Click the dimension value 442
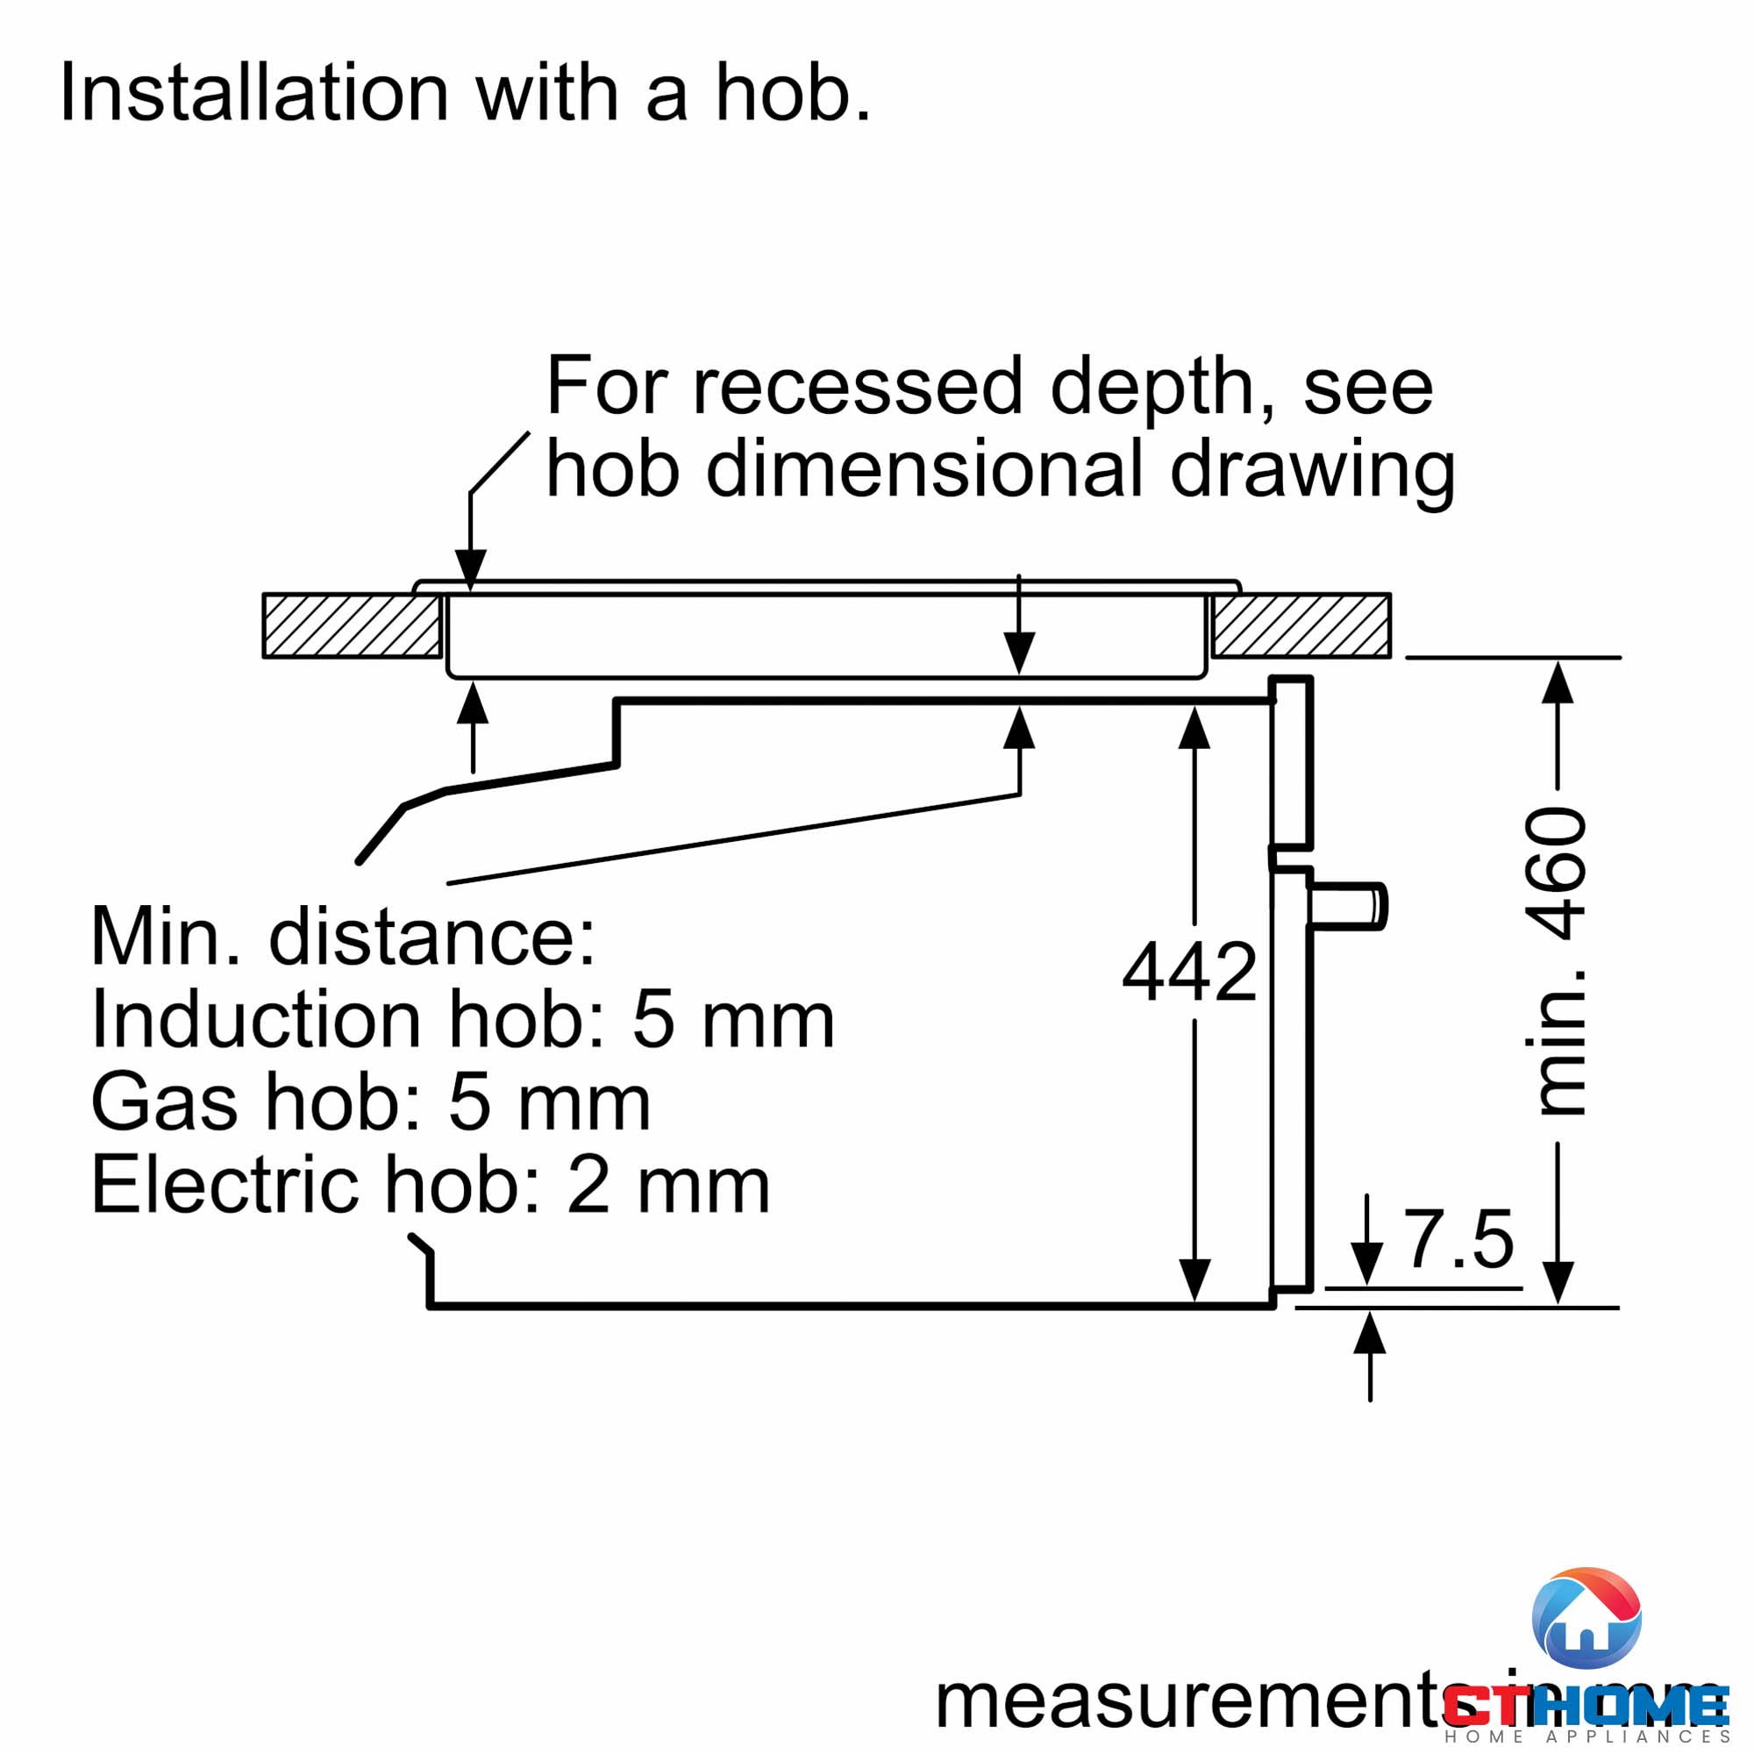click(x=1189, y=973)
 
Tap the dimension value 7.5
click(x=1459, y=1239)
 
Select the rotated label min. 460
click(x=1558, y=960)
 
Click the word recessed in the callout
click(x=858, y=386)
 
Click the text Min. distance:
click(x=343, y=936)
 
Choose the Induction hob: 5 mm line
click(x=462, y=1020)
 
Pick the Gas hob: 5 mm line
click(x=370, y=1102)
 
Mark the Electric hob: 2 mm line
click(x=431, y=1185)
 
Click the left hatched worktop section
click(x=353, y=625)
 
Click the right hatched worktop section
click(x=1301, y=625)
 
